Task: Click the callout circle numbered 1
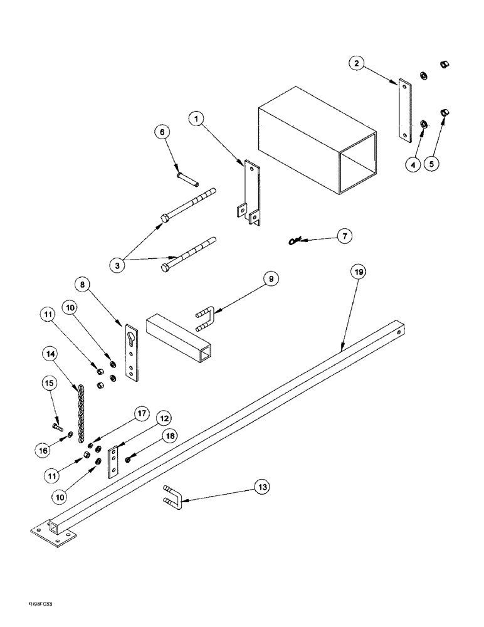click(197, 117)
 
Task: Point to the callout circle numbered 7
click(344, 236)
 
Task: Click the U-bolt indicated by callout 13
click(174, 495)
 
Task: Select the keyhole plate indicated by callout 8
click(130, 353)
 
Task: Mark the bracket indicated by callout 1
click(251, 192)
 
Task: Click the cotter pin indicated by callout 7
click(297, 240)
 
